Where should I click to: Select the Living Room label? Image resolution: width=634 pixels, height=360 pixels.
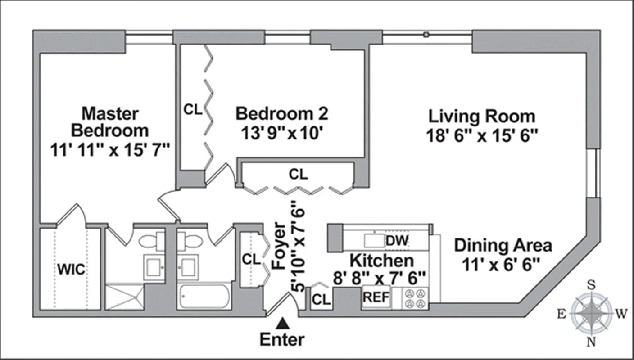481,116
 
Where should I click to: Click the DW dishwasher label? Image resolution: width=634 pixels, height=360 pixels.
397,240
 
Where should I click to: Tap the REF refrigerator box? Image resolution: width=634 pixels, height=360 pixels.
376,297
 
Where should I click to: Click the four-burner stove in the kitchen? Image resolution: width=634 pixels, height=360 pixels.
415,298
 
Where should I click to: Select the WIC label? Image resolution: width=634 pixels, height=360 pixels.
70,270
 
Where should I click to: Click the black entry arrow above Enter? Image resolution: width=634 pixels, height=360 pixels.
283,323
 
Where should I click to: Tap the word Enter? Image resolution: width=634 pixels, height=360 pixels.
282,339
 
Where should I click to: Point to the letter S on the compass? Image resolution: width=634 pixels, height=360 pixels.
591,284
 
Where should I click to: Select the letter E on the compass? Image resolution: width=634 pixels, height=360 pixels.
561,314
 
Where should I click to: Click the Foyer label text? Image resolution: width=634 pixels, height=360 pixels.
279,246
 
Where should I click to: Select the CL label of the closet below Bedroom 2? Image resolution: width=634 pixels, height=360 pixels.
298,174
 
